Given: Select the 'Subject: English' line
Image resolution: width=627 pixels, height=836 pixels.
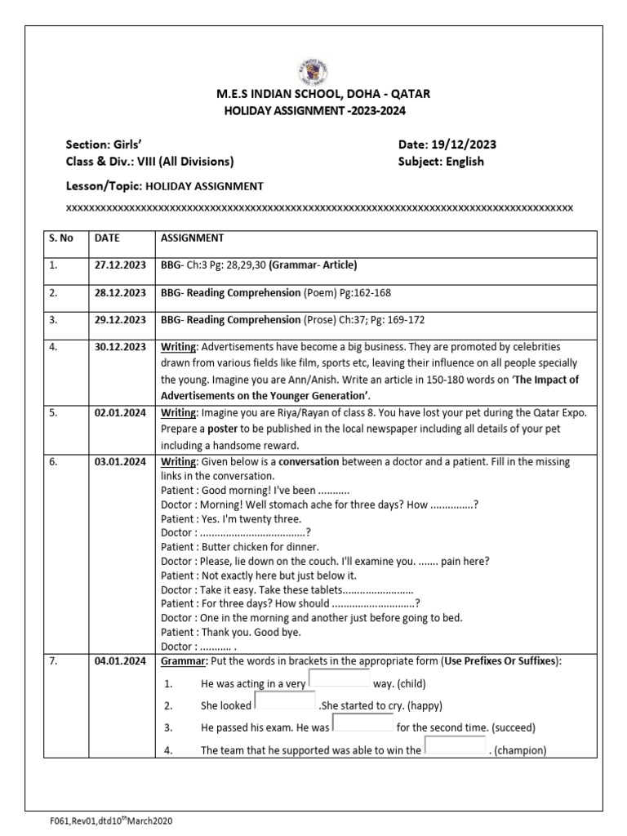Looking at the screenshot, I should coord(441,161).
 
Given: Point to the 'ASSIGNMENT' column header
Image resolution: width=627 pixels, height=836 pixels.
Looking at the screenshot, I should coord(192,238).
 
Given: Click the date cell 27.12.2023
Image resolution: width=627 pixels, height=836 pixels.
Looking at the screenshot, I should coord(120,265).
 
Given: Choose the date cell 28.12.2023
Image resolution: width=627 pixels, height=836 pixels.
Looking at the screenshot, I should coord(120,292).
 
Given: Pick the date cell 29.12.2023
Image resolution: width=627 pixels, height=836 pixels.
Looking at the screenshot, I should coord(120,320).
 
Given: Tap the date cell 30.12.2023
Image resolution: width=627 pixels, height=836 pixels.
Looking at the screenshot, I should coord(120,347).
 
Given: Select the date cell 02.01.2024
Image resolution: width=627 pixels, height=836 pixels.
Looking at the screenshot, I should coord(120,413).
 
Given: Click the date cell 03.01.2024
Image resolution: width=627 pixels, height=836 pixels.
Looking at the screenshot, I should coord(120,462).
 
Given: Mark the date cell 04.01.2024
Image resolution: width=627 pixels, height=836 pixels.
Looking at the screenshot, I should coord(120,661).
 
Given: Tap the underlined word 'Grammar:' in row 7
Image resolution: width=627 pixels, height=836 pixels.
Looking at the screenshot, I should coord(185,661).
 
